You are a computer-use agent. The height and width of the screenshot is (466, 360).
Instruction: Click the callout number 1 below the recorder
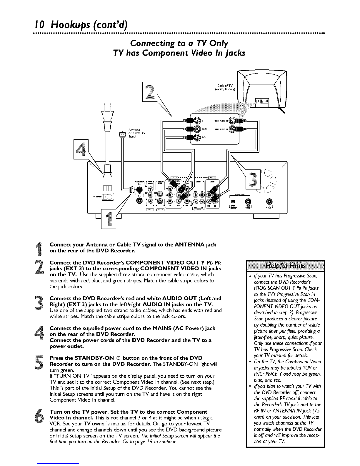(x=109, y=219)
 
